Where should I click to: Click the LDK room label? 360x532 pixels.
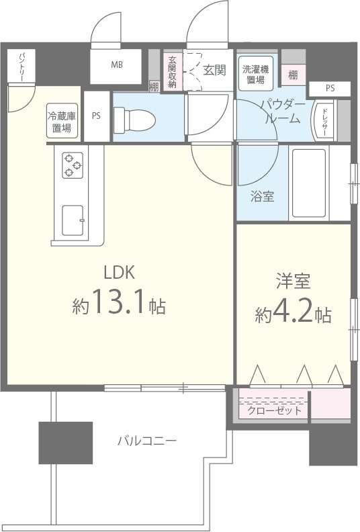(120, 273)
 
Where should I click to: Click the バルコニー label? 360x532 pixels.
(146, 441)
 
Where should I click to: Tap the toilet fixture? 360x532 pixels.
(135, 120)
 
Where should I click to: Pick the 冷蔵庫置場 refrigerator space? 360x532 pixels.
(62, 122)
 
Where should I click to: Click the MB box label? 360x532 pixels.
(117, 64)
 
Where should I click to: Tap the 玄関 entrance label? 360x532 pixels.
(214, 69)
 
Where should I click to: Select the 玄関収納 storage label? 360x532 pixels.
(173, 71)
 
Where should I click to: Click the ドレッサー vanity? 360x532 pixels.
(324, 122)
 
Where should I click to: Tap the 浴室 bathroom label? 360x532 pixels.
(261, 197)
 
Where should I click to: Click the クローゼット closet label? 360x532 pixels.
(274, 410)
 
